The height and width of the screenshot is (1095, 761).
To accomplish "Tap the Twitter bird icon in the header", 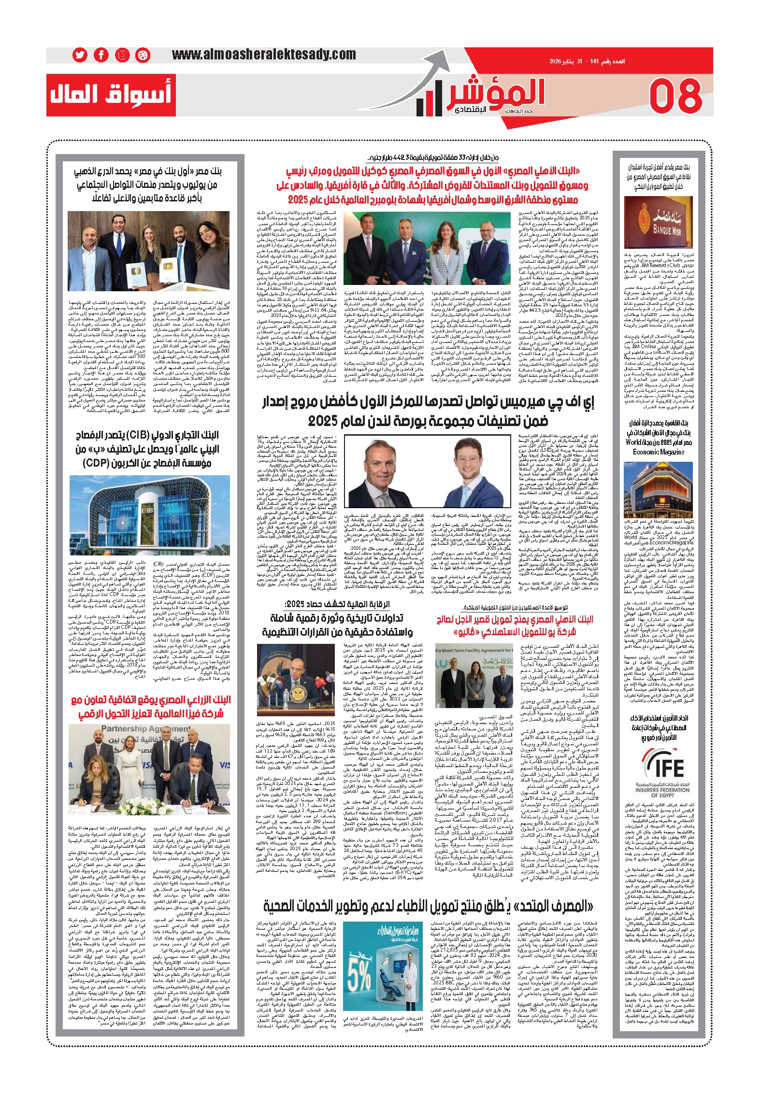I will tap(80, 56).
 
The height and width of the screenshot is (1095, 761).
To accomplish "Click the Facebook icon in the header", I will tap(101, 56).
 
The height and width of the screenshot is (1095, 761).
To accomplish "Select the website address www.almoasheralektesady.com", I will tap(264, 55).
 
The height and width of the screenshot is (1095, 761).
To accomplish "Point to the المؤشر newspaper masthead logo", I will tap(483, 95).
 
